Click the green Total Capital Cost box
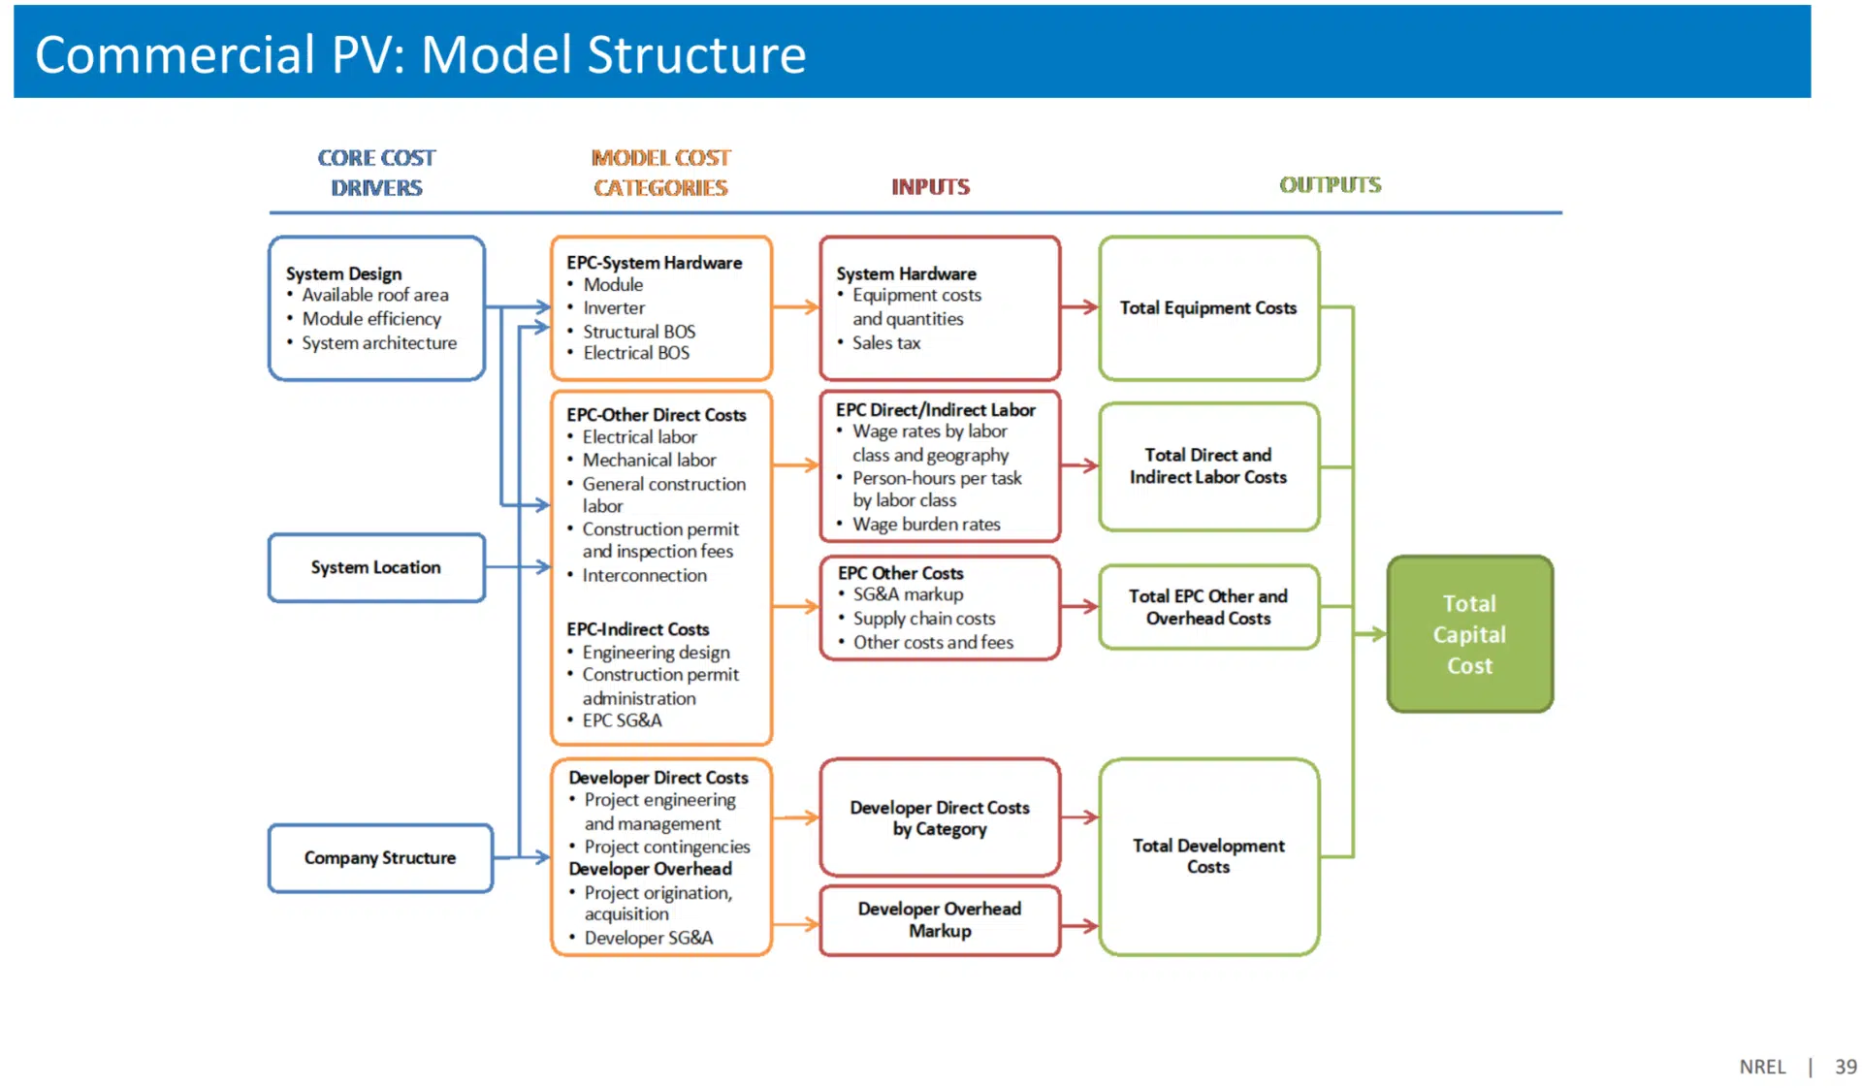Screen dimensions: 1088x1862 point(1469,634)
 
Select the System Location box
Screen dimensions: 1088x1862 point(376,567)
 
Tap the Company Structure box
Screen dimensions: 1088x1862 point(379,858)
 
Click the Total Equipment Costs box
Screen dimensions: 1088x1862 point(1208,308)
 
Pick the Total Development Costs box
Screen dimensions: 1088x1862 point(1208,856)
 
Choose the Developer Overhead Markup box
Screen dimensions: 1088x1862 point(939,919)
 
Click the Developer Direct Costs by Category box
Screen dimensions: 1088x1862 point(939,817)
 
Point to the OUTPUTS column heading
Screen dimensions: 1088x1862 point(1330,185)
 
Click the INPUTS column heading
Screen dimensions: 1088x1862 point(930,187)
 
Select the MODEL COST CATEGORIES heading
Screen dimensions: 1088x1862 point(660,173)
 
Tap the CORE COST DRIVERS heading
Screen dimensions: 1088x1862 point(376,173)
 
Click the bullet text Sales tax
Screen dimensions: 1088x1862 point(885,343)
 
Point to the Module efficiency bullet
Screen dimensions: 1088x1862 point(371,319)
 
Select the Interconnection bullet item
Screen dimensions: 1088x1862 point(644,576)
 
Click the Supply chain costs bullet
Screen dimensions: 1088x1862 point(923,619)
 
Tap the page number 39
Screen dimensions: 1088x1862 point(1845,1067)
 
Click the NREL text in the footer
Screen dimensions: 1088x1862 point(1762,1067)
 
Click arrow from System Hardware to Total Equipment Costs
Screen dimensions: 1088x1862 point(1079,307)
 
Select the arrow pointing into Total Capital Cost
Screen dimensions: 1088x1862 point(1370,634)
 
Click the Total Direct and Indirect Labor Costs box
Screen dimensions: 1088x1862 point(1208,466)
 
